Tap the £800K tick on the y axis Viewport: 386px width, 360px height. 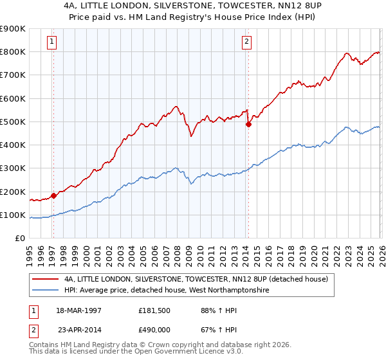[x=12, y=51]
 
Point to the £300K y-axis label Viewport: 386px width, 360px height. [x=12, y=168]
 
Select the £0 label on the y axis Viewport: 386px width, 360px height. [x=19, y=239]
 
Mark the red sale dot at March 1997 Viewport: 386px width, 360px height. [x=54, y=196]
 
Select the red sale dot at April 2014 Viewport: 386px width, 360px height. [x=248, y=125]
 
